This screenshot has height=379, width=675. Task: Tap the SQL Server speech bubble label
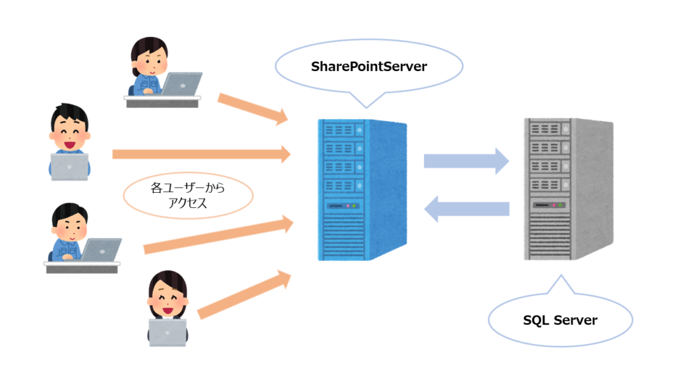click(560, 320)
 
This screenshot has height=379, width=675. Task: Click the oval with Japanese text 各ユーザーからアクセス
click(188, 197)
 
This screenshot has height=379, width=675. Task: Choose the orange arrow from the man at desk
click(218, 236)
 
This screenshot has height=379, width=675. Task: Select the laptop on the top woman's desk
click(181, 84)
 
